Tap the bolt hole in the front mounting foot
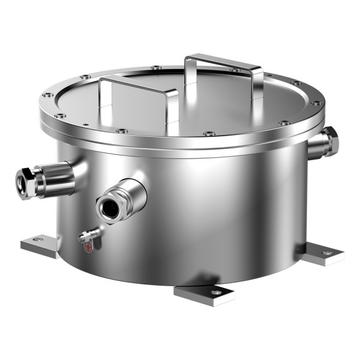click(215, 292)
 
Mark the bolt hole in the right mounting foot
click(327, 253)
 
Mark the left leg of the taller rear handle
click(188, 72)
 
